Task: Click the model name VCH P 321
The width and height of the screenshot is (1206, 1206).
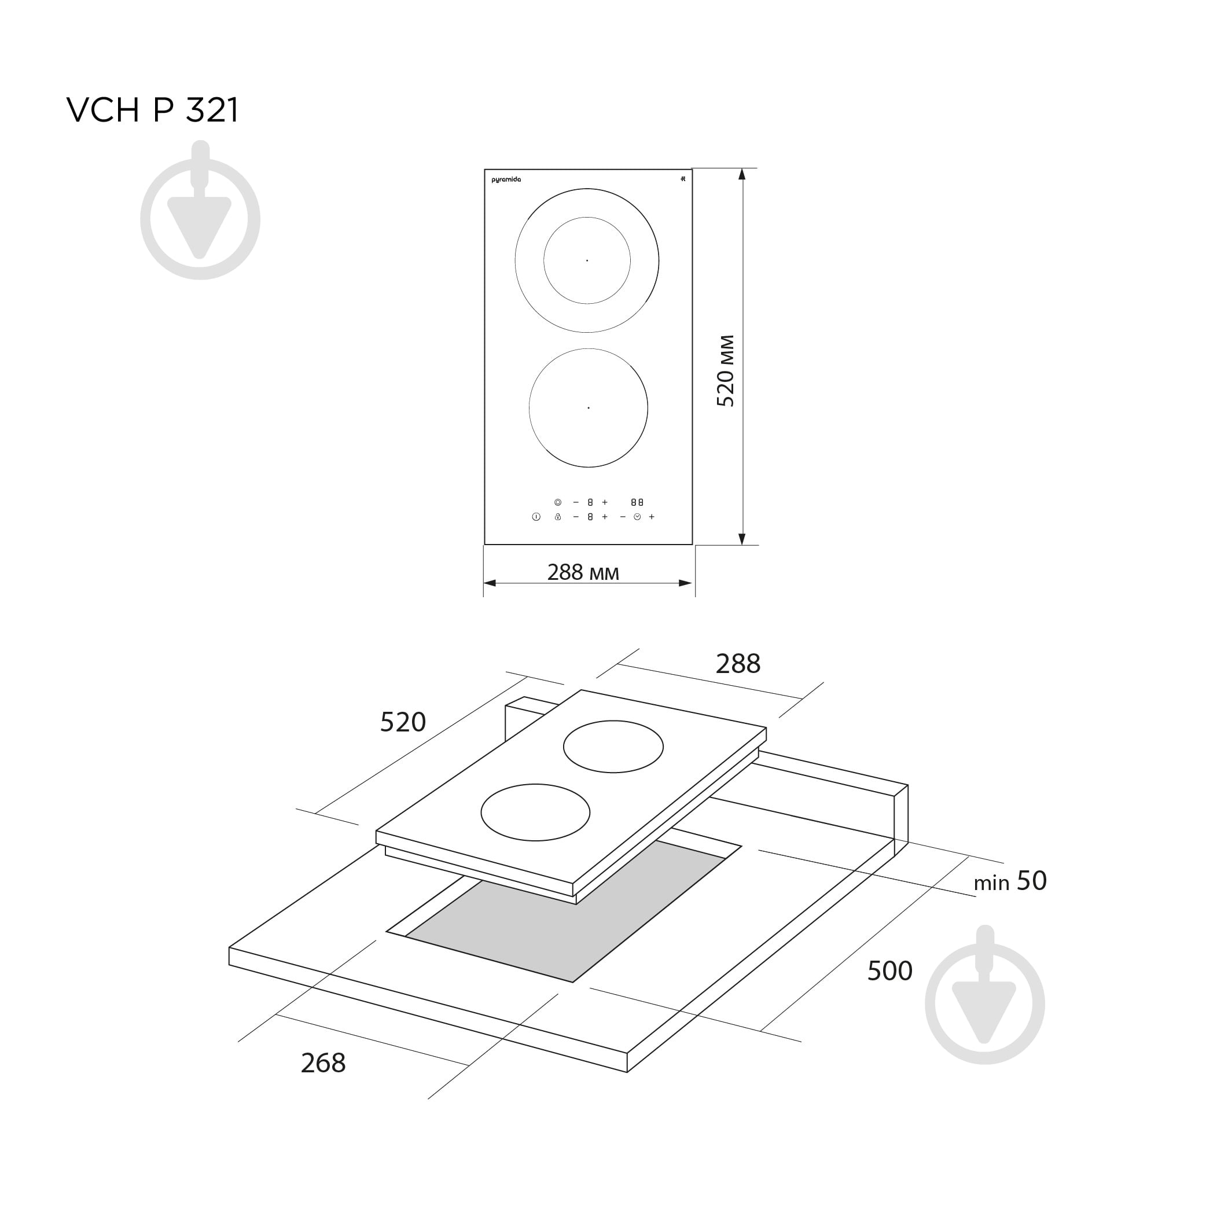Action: pos(152,111)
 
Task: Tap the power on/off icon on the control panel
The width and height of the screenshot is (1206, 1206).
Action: pos(536,517)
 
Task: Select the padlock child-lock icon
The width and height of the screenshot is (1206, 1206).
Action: pos(557,517)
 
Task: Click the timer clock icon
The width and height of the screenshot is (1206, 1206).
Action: pos(637,517)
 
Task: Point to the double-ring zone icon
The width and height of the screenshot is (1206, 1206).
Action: pos(557,502)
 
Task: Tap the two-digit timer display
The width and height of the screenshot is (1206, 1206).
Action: pos(637,502)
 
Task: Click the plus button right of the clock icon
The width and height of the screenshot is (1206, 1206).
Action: pos(652,517)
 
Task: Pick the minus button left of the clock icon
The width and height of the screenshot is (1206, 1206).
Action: pos(622,517)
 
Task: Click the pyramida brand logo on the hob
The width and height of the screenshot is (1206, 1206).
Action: pos(506,180)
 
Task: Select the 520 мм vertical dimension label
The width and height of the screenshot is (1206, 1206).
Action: pos(726,371)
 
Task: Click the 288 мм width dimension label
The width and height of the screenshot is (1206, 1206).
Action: pos(583,572)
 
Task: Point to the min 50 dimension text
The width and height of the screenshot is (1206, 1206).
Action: pos(1010,881)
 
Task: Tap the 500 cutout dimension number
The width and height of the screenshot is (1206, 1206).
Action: pos(889,970)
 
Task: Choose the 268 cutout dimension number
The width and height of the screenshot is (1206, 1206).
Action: pos(323,1063)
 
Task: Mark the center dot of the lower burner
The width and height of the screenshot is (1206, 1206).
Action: pos(588,407)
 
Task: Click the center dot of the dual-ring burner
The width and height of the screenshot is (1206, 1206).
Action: pos(587,260)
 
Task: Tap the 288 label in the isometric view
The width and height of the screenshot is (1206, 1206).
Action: pos(738,664)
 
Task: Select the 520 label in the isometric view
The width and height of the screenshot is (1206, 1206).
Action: pos(403,722)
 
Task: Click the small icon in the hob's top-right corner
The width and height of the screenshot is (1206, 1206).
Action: pos(683,179)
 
